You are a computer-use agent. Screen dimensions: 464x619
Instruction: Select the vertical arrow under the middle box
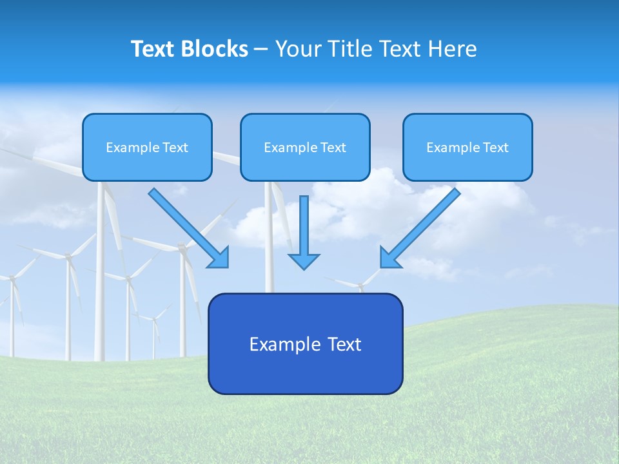[304, 226]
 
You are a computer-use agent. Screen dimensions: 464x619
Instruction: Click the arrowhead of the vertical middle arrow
[304, 260]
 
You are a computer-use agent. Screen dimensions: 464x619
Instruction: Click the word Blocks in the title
[215, 49]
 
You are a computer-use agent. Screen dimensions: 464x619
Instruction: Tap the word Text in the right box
[495, 148]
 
